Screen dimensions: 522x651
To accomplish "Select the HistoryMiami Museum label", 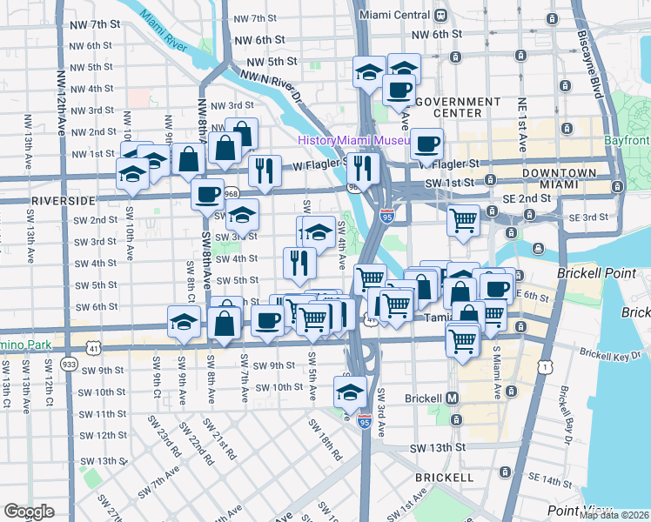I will [352, 141].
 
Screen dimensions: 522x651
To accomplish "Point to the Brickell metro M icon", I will [452, 398].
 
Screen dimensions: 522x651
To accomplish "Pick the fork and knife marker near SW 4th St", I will [299, 262].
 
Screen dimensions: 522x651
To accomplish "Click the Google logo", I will [29, 512].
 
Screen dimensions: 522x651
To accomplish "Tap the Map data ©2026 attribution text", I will [614, 515].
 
